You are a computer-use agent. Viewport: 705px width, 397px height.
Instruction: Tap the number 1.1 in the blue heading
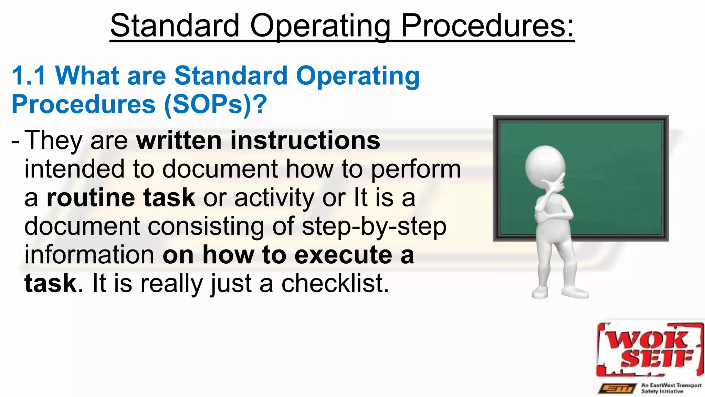[x=29, y=75]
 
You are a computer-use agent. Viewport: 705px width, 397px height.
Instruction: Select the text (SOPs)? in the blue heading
[x=215, y=104]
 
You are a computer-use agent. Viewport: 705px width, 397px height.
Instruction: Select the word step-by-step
[x=374, y=227]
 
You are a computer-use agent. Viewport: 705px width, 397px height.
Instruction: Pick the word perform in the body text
[x=416, y=169]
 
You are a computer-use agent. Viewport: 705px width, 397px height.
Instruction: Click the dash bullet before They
[x=15, y=141]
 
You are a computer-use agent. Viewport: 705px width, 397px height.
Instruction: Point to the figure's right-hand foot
[x=576, y=293]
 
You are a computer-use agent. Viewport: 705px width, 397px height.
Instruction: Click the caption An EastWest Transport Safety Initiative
[x=671, y=388]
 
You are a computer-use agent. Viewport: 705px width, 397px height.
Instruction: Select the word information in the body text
[x=89, y=255]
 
